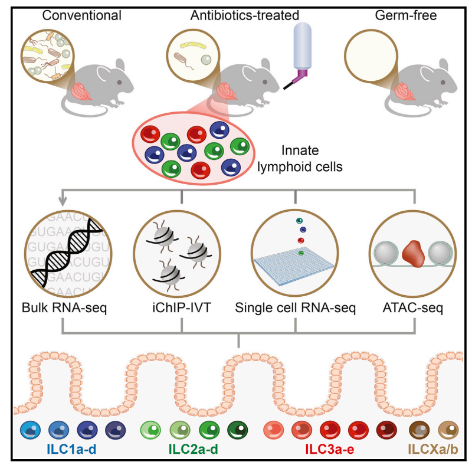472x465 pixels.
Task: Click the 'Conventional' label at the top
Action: [82, 15]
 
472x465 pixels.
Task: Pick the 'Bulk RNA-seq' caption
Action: [64, 307]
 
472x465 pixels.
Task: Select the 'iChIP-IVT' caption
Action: [181, 307]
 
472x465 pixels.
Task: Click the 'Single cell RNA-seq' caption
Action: [296, 307]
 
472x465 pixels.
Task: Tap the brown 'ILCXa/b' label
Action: [433, 450]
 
